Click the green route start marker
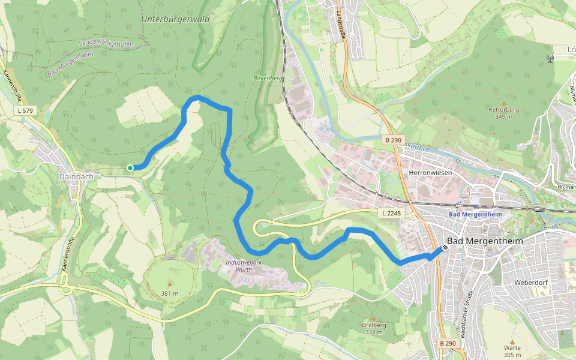click(130, 168)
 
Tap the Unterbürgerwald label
click(175, 19)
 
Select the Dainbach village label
click(76, 177)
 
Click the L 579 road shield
click(26, 111)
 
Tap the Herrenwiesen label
click(430, 172)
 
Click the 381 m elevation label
click(170, 293)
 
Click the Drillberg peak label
click(373, 329)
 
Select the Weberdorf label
click(529, 282)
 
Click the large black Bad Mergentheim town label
click(485, 241)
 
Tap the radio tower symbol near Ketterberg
click(550, 59)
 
